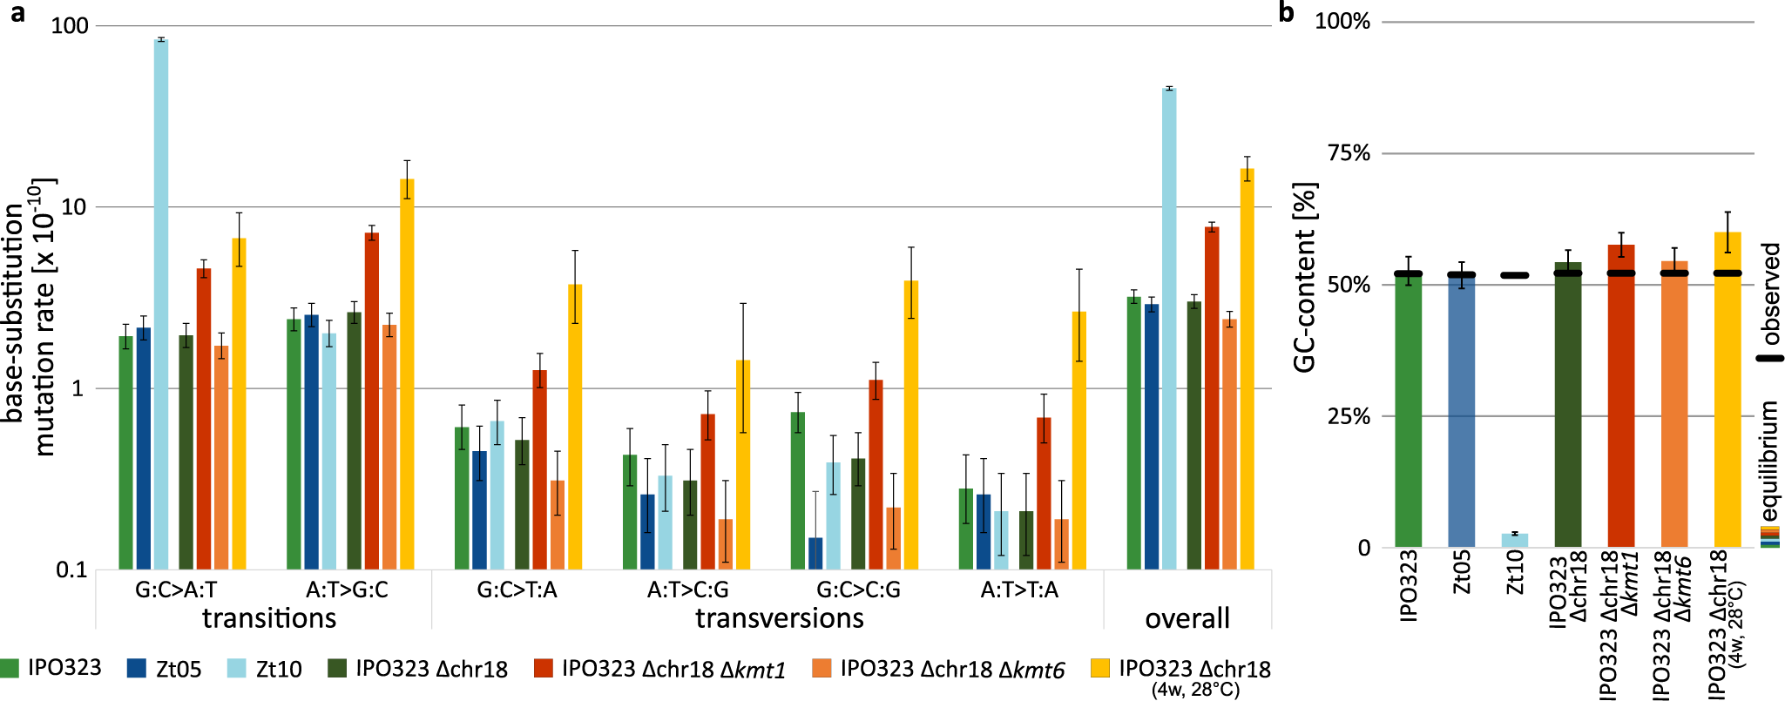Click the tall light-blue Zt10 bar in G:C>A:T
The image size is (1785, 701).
point(161,305)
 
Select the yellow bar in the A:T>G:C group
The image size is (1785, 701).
point(407,374)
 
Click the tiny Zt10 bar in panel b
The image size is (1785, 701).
point(1515,541)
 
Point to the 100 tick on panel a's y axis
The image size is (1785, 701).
point(70,25)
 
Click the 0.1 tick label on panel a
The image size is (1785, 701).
point(71,570)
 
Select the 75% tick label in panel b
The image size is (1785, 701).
point(1349,153)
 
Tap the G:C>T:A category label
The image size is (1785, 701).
point(517,590)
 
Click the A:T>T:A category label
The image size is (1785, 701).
point(1019,590)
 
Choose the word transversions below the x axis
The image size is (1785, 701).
point(779,618)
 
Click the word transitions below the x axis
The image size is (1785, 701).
point(269,618)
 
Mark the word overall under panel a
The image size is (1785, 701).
point(1187,618)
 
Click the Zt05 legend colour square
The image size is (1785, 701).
point(136,669)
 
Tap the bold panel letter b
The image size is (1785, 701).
point(1286,12)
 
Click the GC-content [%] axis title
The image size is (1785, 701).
point(1304,277)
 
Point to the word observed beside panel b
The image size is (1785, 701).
point(1770,293)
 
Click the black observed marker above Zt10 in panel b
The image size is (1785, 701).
point(1515,275)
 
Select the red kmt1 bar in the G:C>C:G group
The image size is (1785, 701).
point(876,475)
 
